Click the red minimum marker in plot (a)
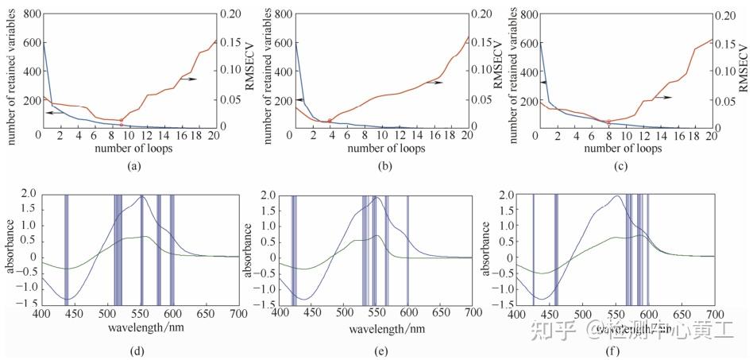[x=121, y=121]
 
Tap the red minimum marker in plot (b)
[x=330, y=121]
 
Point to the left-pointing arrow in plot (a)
[x=54, y=114]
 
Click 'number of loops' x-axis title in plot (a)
[x=127, y=149]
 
